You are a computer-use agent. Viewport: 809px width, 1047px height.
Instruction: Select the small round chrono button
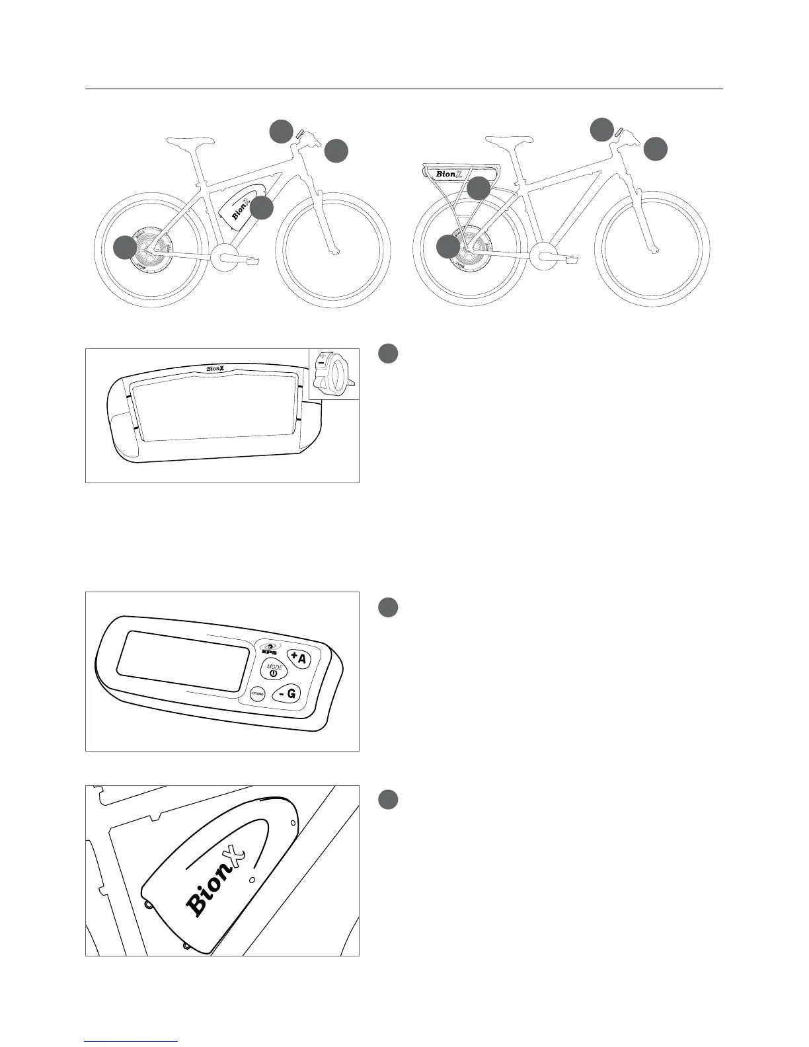(x=258, y=694)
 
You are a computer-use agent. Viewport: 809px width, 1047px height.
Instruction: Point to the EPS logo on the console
(x=270, y=648)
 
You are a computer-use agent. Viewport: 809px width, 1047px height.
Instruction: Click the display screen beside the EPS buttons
(x=183, y=661)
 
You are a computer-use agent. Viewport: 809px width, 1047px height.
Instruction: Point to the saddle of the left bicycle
(x=192, y=140)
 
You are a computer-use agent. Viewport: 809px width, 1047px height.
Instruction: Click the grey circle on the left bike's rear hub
(x=125, y=248)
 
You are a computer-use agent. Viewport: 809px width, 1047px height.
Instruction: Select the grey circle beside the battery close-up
(x=389, y=800)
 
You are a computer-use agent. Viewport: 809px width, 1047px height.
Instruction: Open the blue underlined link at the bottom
(x=132, y=1041)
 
